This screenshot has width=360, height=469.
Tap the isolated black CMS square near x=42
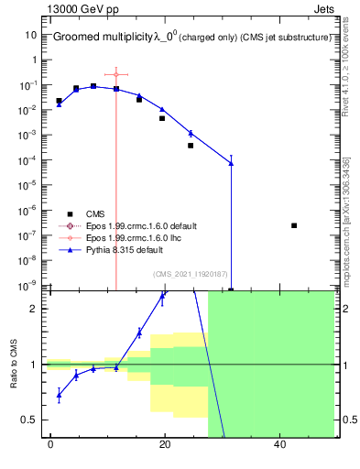[x=294, y=225]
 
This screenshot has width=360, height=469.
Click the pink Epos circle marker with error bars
[x=116, y=74]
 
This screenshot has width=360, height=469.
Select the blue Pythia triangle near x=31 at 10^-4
[x=231, y=163]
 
